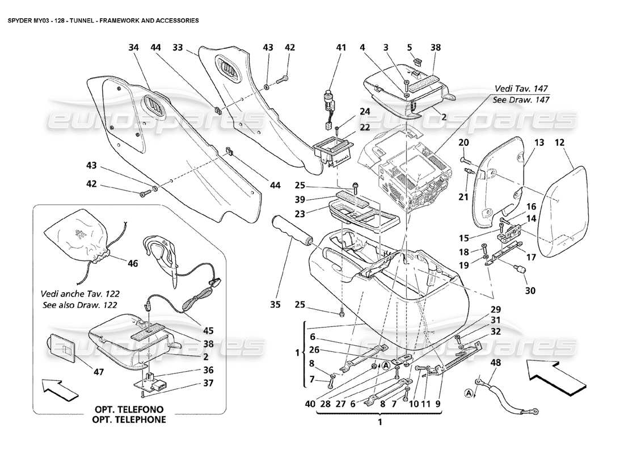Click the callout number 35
click(x=276, y=305)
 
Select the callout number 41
click(x=340, y=48)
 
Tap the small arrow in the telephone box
click(x=60, y=389)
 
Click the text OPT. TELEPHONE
click(x=130, y=420)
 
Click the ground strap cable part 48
click(x=508, y=397)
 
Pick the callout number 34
click(x=134, y=48)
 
